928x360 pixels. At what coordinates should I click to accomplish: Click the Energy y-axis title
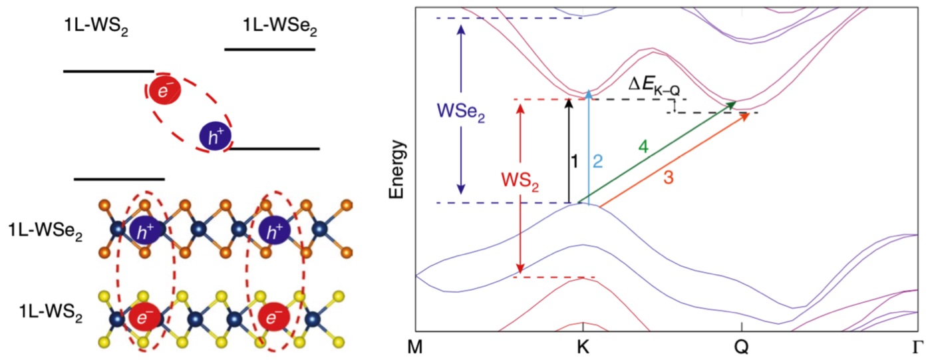397,170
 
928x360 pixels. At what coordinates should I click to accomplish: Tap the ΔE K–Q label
657,86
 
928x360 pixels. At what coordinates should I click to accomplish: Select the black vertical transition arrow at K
568,151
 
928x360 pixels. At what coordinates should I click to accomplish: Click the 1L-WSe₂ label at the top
279,27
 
